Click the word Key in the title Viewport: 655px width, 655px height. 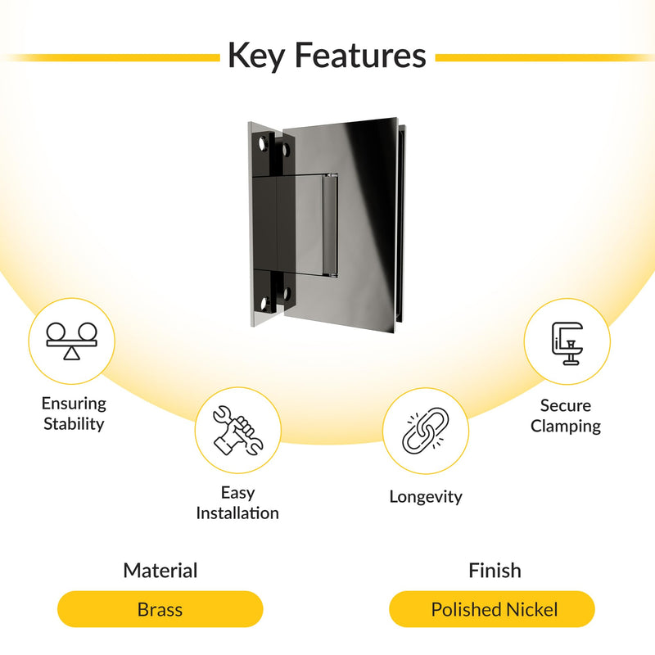point(257,56)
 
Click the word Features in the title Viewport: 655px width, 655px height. point(361,55)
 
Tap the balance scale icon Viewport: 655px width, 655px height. point(71,341)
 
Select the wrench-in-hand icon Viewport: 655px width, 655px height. point(237,431)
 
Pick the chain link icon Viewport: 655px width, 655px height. point(425,431)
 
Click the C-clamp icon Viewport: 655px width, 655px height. point(567,343)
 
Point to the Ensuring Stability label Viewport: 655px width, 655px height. point(74,413)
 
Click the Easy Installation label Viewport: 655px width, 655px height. point(237,503)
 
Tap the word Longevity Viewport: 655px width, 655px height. point(426,497)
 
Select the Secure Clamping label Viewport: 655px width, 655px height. point(566,416)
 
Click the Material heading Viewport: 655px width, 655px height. point(160,571)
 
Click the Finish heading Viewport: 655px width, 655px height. point(495,571)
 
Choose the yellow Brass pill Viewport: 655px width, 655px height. point(160,609)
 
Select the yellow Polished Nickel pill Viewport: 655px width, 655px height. point(492,609)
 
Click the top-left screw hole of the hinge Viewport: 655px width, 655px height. point(263,144)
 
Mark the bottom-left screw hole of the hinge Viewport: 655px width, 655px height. point(264,302)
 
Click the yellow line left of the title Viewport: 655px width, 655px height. point(111,57)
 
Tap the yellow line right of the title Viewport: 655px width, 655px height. point(544,57)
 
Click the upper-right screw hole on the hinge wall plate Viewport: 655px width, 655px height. point(287,150)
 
